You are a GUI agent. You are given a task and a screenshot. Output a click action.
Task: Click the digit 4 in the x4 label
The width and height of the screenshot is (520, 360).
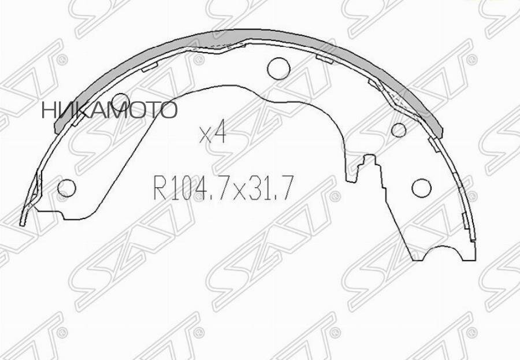(219, 135)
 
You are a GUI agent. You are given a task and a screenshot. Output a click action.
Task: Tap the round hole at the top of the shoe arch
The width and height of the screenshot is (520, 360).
(278, 68)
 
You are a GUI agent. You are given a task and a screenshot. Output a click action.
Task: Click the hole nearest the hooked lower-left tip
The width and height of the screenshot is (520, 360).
(68, 188)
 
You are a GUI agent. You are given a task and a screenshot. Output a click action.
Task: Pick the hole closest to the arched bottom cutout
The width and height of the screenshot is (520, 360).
(421, 187)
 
